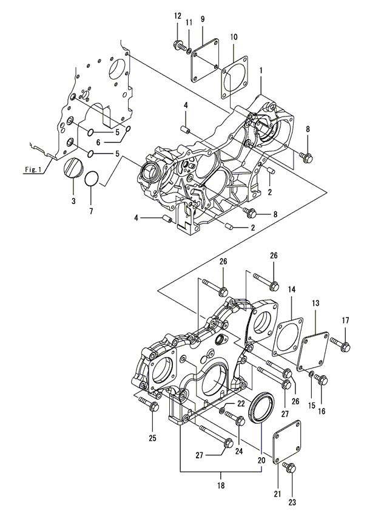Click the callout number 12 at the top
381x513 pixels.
(178, 16)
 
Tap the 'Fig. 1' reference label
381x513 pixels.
(33, 169)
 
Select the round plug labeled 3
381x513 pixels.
(73, 168)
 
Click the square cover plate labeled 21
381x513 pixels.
(287, 443)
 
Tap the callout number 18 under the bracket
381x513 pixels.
(221, 485)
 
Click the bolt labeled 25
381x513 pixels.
(149, 404)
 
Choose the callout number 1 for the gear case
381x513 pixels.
(261, 70)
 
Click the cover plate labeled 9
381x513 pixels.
(204, 59)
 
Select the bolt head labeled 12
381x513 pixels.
(178, 44)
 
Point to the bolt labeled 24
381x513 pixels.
(235, 418)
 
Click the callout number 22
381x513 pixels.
(241, 403)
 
